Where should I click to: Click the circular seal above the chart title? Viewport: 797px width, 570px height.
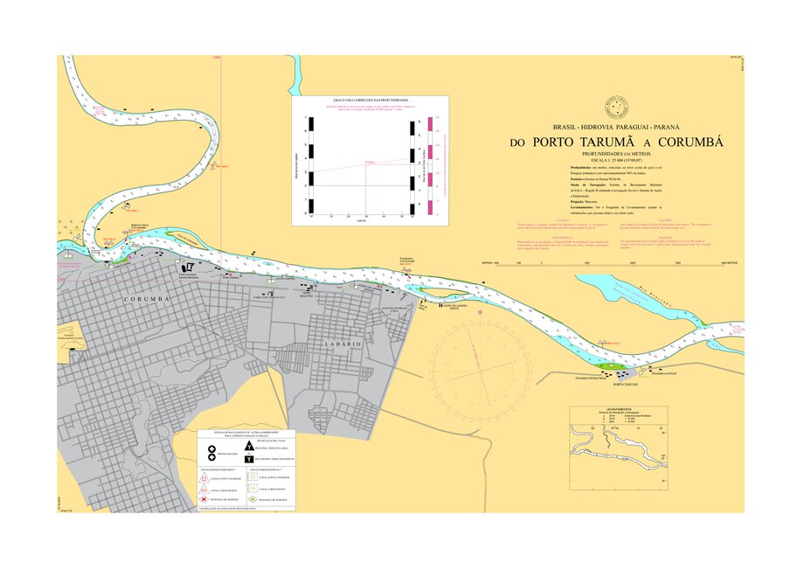click(618, 108)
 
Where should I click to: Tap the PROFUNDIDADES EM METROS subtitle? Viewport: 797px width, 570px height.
click(617, 154)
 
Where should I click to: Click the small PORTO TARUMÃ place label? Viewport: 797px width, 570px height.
click(626, 385)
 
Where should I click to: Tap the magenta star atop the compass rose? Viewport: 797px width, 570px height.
click(480, 312)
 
